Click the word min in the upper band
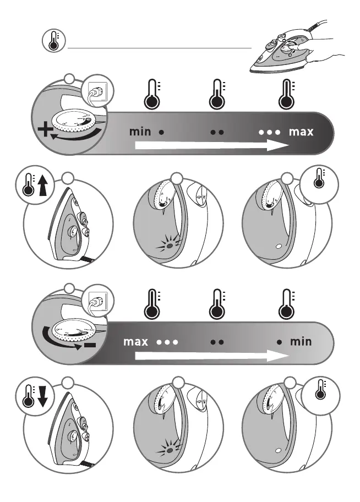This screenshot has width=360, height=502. tap(140, 132)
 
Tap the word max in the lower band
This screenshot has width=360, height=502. tap(135, 341)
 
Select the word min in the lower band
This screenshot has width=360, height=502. tap(301, 341)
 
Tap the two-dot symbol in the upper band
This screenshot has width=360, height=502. tap(217, 133)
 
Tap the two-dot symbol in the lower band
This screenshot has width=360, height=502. tap(217, 342)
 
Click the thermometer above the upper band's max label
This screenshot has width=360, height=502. tap(286, 94)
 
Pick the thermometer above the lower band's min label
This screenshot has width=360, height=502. tap(286, 304)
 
